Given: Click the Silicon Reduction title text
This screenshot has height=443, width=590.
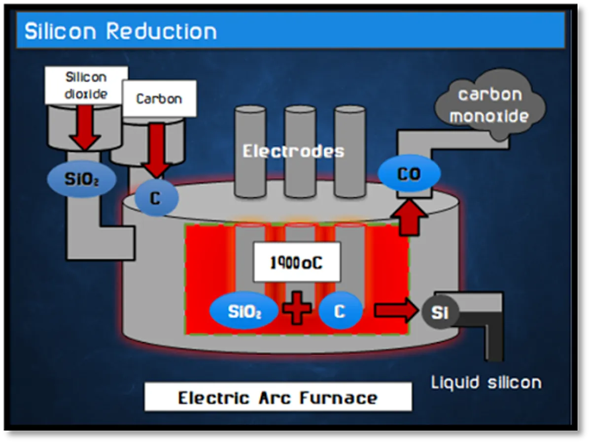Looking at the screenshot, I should point(121,31).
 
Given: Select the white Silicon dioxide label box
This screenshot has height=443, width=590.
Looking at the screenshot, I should point(86,86).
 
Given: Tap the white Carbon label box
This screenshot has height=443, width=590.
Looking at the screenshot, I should point(159,98).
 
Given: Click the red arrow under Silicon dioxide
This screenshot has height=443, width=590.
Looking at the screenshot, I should point(84,127).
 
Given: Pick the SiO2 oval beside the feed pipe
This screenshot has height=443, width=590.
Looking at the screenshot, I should point(81,179).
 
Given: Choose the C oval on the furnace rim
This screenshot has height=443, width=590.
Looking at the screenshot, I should point(156,198).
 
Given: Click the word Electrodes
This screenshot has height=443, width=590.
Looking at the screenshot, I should point(293,151).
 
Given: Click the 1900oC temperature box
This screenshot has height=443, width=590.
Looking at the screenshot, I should point(297,262).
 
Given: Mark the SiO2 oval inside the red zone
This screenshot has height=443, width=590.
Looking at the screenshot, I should point(244,312).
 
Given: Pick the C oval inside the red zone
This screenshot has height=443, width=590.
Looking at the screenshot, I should point(340,311).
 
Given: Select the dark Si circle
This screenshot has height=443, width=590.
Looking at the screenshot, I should point(440,312).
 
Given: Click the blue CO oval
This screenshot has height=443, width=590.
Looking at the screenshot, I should point(409,174).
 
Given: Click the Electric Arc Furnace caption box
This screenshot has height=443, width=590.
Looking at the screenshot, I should point(278,397).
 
